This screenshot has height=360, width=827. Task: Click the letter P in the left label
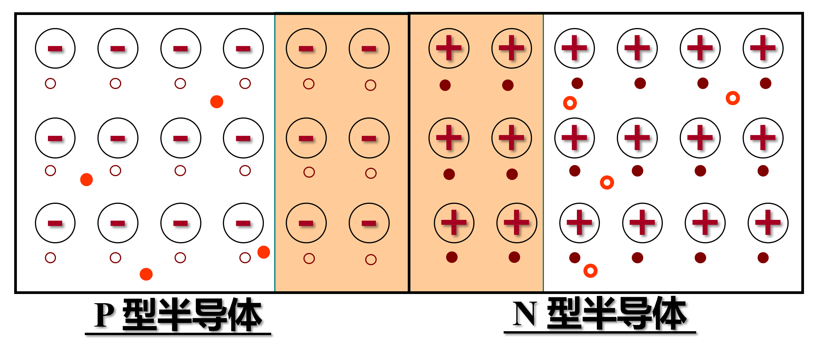coord(104,315)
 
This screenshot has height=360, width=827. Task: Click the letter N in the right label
coord(525,314)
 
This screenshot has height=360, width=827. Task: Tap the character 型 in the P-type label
coord(139,314)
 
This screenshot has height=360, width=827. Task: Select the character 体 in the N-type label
coord(670,313)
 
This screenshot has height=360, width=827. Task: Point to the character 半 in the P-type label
coord(175,314)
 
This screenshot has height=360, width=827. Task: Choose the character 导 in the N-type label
coord(635,313)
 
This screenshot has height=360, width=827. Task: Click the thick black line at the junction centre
coord(409,153)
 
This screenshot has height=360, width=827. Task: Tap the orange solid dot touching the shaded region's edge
coord(264,252)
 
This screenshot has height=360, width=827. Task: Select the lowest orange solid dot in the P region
coord(146,274)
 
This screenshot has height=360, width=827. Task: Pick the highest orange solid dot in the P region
coord(217,102)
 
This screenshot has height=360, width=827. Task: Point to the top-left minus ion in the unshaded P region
coord(55,48)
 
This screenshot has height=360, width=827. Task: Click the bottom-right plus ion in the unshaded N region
coord(768,223)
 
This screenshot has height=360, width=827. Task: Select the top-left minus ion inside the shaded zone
coord(306,48)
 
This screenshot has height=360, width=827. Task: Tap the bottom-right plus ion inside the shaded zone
coord(517,223)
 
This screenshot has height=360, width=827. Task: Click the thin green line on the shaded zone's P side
coord(275,153)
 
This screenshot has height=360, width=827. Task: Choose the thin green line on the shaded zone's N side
coord(543,153)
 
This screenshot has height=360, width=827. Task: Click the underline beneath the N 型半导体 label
coord(600,332)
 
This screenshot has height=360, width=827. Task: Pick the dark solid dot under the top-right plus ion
coord(766,83)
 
